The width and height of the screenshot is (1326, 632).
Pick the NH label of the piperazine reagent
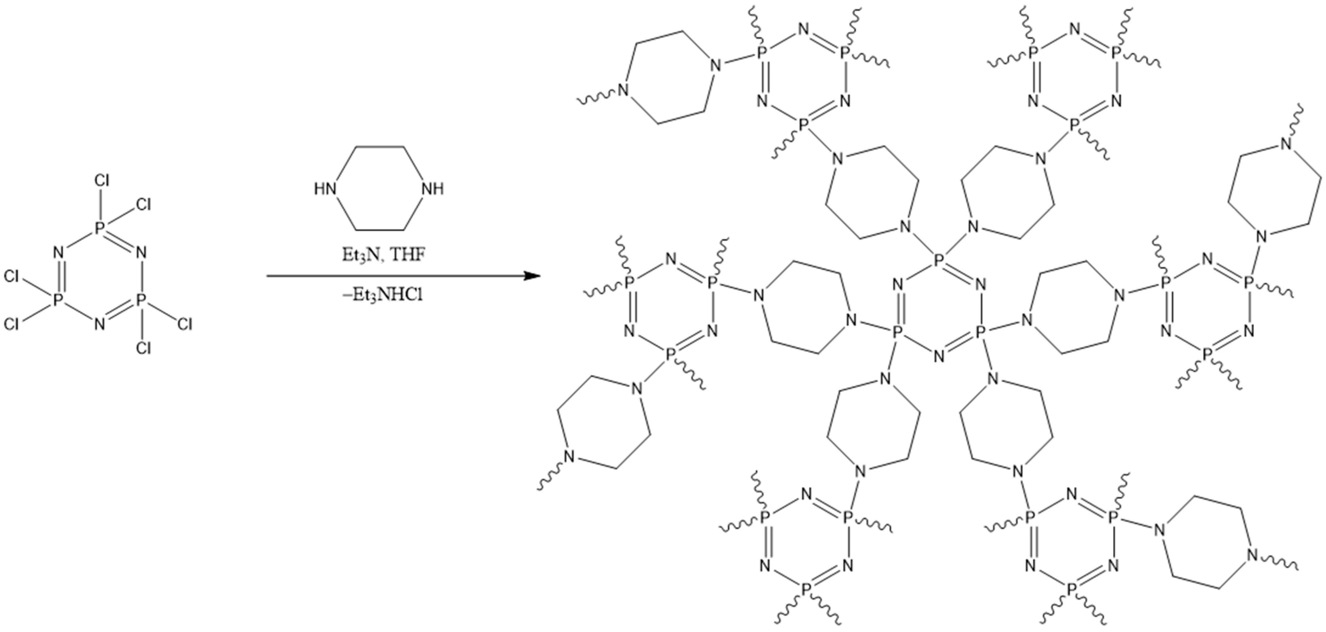[432, 189]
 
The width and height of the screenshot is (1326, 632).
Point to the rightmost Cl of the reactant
[185, 324]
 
